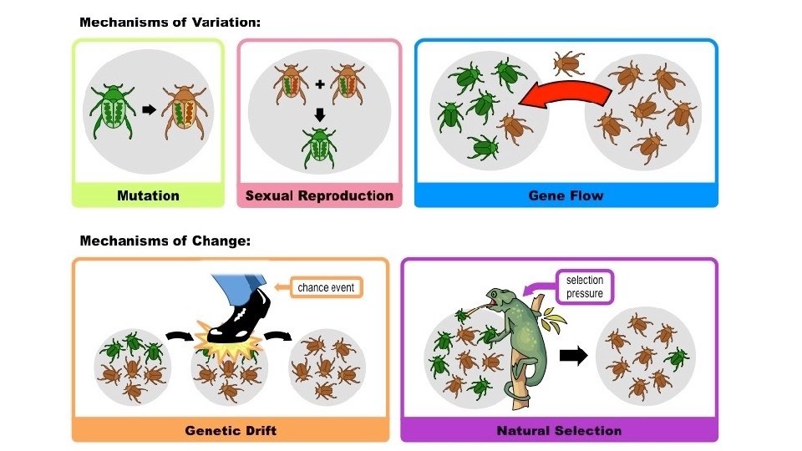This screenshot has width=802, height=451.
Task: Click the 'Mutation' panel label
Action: coord(148,195)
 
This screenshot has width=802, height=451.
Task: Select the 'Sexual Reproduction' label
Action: coord(319,195)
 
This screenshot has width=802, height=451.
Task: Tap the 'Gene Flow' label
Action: coord(566,195)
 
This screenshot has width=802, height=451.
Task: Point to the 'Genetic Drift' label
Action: coord(230,430)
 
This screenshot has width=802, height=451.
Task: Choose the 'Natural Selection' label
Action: coord(559,430)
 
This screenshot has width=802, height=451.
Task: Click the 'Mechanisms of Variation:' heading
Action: coord(170,22)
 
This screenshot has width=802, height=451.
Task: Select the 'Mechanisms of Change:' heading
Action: coord(165,241)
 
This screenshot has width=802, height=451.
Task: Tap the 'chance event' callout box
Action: coord(326,288)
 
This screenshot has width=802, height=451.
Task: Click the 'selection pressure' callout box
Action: coord(585,286)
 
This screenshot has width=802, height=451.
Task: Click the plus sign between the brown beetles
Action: coord(319,84)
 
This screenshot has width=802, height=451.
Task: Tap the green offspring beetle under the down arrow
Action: coord(319,149)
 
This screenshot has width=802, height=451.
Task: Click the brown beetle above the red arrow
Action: coord(570,62)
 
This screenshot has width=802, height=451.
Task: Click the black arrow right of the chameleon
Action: coord(572,355)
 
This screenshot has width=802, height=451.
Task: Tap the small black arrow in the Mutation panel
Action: coord(149,109)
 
